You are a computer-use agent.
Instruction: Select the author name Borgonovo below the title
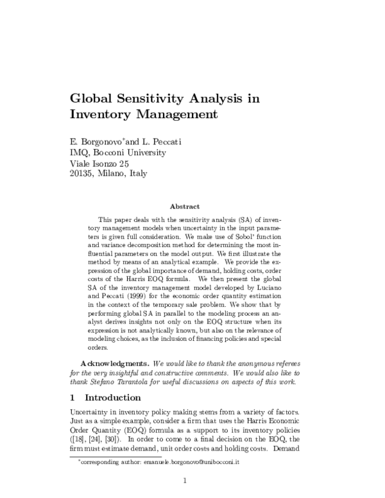[103, 141]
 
